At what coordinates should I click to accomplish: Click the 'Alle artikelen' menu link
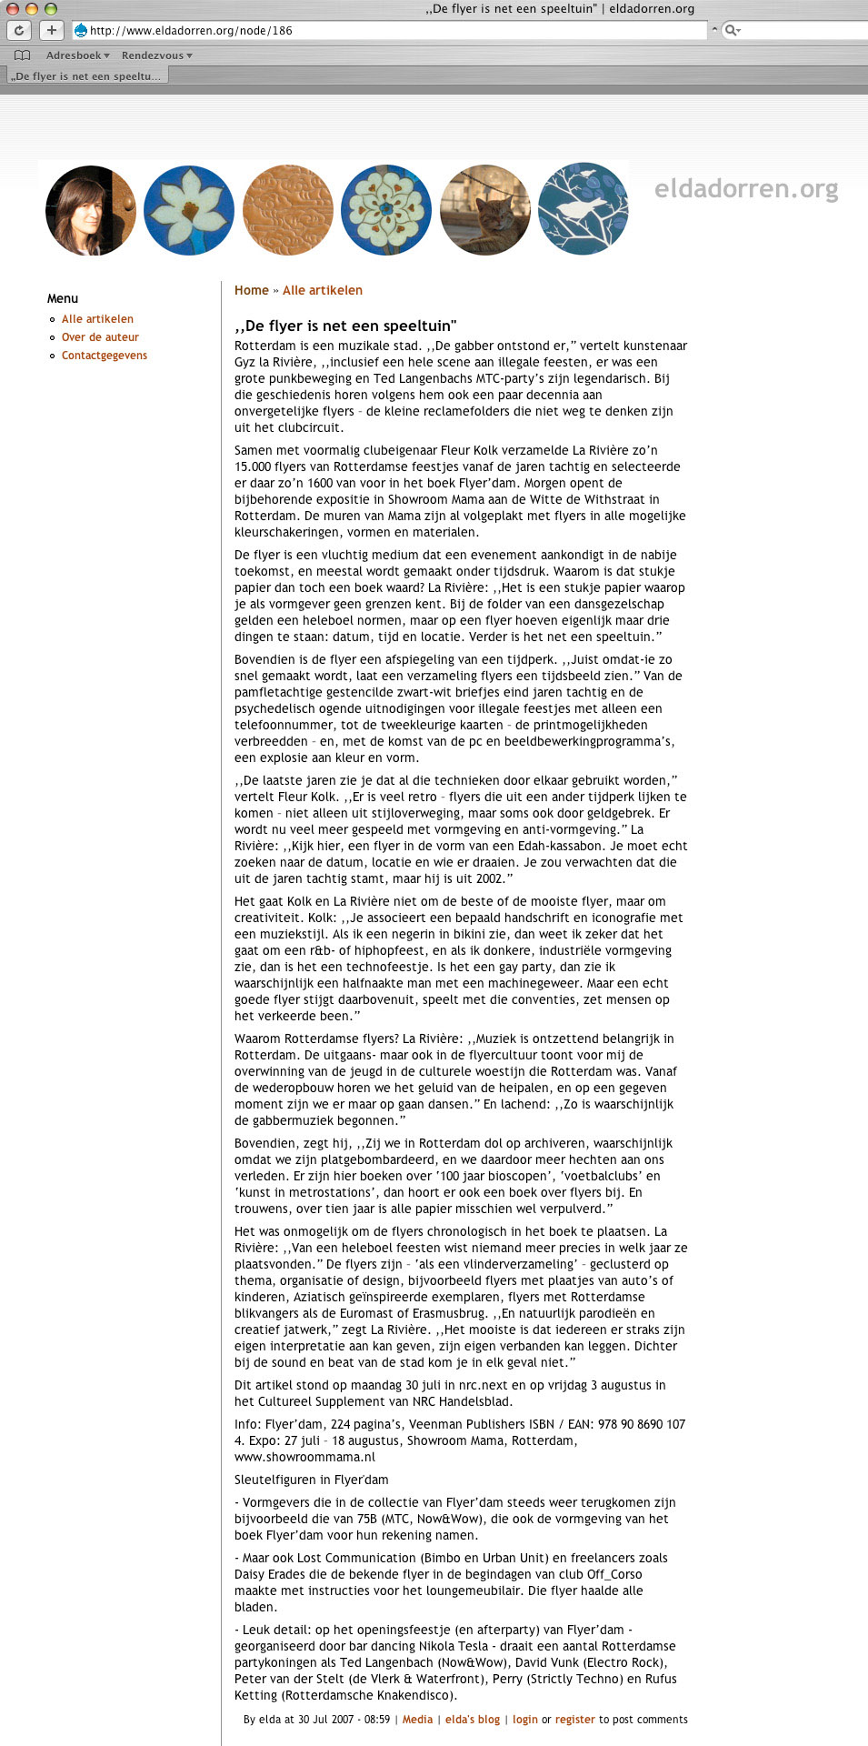97,319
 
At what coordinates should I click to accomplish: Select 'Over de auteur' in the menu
100,337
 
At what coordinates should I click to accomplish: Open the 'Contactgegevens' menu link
105,356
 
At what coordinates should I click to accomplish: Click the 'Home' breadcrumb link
252,291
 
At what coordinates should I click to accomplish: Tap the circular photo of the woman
91,210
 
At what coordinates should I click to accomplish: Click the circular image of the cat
484,210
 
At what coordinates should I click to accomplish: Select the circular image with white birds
583,209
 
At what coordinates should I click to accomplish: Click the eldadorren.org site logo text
746,189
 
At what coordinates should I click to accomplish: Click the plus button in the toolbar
52,30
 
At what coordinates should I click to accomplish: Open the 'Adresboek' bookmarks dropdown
77,55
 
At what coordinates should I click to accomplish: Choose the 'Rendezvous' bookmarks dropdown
156,55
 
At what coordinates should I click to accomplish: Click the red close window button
13,8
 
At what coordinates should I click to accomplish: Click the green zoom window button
51,8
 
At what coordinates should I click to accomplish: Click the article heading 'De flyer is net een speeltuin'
345,326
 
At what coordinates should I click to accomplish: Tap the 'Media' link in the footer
417,1720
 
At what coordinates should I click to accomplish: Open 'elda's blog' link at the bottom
473,1720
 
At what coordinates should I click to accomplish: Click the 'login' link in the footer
525,1720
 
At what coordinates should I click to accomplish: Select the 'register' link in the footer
575,1720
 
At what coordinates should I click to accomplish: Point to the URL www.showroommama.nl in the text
304,1457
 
